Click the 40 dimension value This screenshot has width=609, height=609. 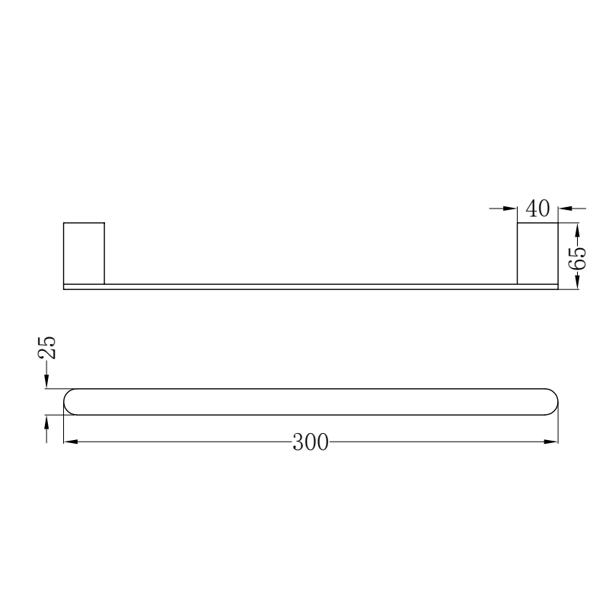coord(538,209)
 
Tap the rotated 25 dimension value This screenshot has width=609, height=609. coord(47,347)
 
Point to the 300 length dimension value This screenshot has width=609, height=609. coord(311,442)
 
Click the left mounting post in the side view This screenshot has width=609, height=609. coord(84,253)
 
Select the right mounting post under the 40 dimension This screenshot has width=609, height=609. coord(537,253)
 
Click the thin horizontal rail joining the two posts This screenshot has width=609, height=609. coord(311,287)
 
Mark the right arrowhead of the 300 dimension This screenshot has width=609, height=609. coord(551,442)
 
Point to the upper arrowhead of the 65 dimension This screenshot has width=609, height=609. coord(577,230)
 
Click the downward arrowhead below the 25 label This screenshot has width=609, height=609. coord(47,381)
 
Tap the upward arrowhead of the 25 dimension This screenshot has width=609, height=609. coord(47,423)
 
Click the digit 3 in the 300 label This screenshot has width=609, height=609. coord(298,442)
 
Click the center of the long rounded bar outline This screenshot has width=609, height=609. coord(311,402)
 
